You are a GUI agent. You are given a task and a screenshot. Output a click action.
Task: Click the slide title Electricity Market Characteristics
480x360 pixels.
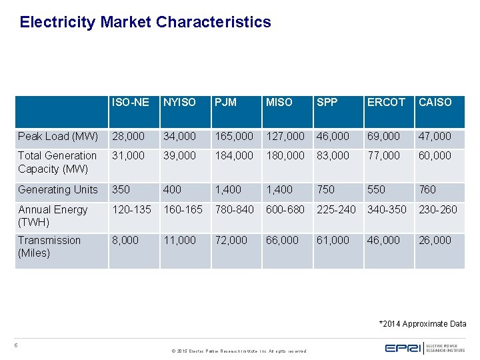[145, 22]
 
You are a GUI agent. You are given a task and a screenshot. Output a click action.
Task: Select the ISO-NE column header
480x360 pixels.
[131, 102]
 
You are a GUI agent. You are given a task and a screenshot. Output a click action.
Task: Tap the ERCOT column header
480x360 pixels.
[386, 102]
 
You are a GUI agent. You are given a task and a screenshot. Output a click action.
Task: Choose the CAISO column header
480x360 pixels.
[435, 102]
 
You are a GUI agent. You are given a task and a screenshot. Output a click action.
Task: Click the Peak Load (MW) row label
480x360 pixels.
[58, 136]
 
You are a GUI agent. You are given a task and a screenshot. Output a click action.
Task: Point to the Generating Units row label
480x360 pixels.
[58, 189]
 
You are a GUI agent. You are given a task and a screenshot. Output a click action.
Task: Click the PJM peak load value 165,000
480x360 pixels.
[233, 136]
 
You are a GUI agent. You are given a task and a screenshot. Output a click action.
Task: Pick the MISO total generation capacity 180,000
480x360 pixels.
[285, 155]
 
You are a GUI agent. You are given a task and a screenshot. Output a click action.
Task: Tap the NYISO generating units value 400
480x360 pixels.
[172, 189]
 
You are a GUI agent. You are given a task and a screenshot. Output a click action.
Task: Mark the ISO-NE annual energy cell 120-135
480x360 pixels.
[132, 209]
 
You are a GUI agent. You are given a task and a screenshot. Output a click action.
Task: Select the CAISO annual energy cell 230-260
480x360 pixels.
[437, 209]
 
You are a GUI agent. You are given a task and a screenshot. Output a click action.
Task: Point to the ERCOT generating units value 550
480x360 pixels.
[377, 189]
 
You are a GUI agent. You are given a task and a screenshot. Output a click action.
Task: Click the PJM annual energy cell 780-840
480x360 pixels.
[233, 209]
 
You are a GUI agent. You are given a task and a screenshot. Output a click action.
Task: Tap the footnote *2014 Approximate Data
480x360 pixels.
[423, 324]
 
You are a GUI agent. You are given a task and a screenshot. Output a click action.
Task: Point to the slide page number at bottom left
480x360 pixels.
[16, 345]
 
